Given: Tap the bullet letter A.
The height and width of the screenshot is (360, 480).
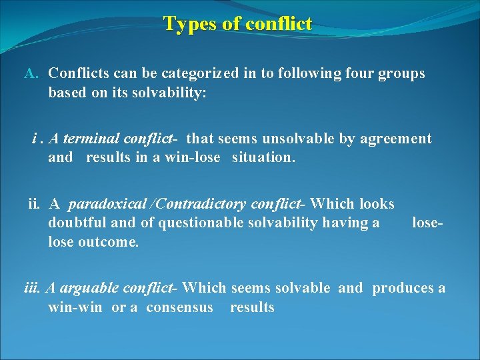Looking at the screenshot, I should click(x=31, y=73).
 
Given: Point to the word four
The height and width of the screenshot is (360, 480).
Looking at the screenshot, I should click(x=345, y=73).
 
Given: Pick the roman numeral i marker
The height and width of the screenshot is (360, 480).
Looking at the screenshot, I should click(x=33, y=139).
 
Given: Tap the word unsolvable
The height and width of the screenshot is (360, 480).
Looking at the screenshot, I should click(x=293, y=139).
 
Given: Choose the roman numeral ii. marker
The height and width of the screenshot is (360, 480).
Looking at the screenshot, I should click(x=35, y=203).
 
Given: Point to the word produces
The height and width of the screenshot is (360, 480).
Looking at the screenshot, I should click(x=403, y=288).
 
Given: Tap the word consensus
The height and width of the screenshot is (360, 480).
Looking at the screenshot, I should click(x=179, y=307).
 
